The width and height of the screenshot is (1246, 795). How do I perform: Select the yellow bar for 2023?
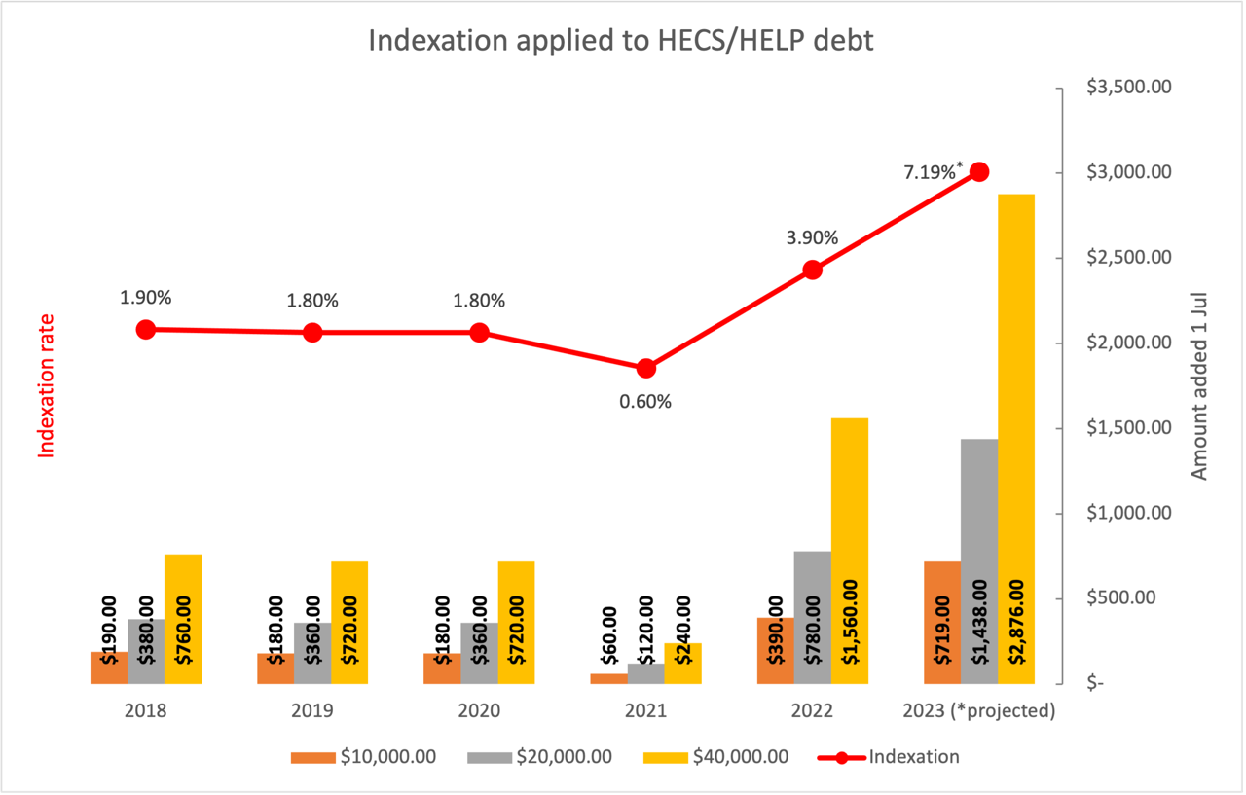(x=1016, y=438)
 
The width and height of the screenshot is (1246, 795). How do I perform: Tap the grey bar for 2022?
(x=812, y=617)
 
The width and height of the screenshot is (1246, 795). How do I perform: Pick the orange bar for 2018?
(x=109, y=668)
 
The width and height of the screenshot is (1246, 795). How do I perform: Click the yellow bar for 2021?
(x=682, y=663)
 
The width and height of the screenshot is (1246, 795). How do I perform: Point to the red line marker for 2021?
(x=645, y=369)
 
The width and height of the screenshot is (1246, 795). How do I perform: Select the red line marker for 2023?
(x=979, y=172)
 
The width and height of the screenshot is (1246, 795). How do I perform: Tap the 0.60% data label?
(x=645, y=401)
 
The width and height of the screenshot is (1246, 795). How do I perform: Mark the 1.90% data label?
(x=146, y=298)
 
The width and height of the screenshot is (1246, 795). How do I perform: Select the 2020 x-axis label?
(x=479, y=710)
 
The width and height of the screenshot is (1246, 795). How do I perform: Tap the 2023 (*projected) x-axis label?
(x=978, y=710)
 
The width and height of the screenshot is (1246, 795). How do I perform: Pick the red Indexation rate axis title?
(x=45, y=385)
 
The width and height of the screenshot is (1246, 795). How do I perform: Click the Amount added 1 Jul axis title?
(x=1199, y=385)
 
